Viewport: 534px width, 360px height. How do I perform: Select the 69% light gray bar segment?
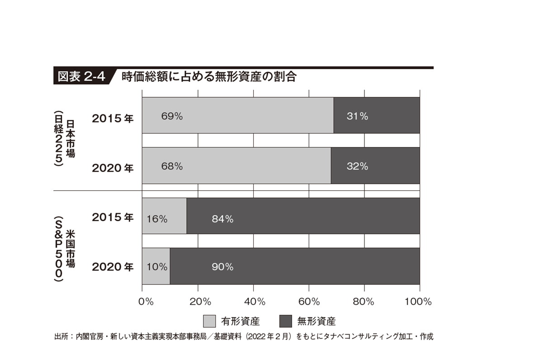tap(238, 115)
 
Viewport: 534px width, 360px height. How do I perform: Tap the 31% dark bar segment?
tap(377, 115)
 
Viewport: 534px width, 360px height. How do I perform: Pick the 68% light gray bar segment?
tap(236, 166)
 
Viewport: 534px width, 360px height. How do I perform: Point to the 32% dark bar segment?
tap(375, 166)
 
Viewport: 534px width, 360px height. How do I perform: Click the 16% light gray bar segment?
tap(164, 216)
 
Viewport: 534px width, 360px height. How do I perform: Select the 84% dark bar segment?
tap(303, 216)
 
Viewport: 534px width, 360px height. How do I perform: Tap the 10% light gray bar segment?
tap(156, 266)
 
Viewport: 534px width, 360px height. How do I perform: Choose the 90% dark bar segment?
tap(295, 266)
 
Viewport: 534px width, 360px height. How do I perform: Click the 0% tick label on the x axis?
tap(146, 301)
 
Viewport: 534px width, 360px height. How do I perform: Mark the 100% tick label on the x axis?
tap(419, 301)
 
